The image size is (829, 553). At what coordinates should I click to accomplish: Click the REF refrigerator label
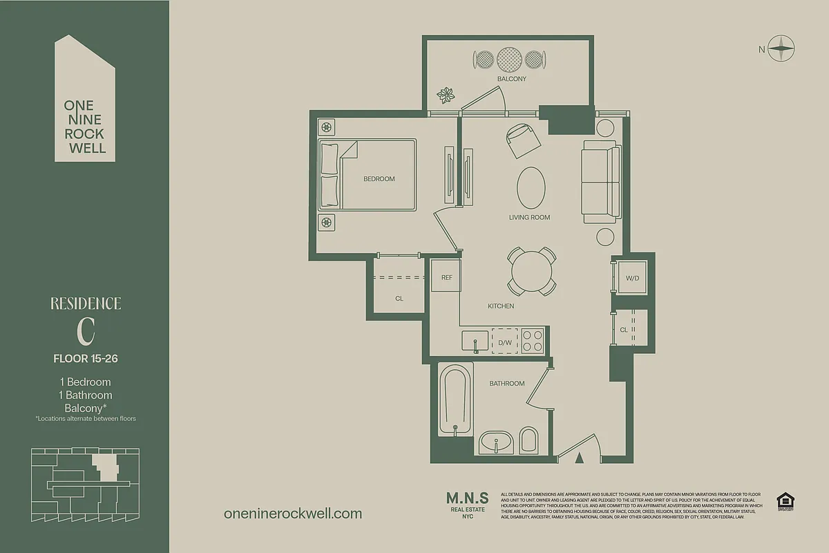[x=446, y=278]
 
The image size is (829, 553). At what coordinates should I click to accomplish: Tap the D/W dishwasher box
[x=505, y=342]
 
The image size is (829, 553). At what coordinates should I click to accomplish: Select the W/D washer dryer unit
[x=632, y=278]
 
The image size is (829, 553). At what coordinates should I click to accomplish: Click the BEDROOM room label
[x=379, y=179]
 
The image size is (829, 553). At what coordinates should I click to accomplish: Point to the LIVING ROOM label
[x=529, y=217]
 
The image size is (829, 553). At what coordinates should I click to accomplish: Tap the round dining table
[x=532, y=270]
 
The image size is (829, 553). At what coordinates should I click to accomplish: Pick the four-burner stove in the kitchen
[x=532, y=341]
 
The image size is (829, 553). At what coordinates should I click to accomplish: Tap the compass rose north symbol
[x=781, y=48]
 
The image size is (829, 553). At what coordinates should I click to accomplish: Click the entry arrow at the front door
[x=580, y=457]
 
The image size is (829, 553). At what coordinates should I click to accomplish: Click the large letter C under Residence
[x=86, y=331]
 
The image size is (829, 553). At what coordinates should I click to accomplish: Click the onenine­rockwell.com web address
[x=293, y=514]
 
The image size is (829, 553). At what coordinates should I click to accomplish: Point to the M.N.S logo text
[x=467, y=498]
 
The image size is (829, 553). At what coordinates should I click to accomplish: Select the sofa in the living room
[x=598, y=182]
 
